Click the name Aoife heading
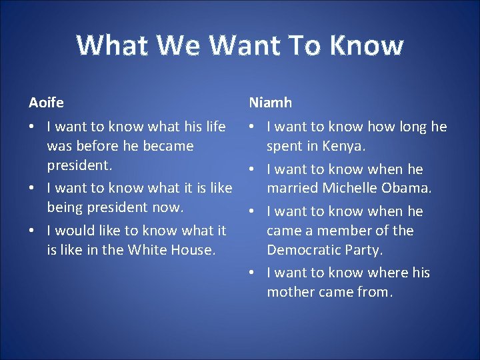tap(46, 103)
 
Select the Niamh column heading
tap(270, 103)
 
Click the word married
tap(293, 188)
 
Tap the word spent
tap(286, 146)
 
